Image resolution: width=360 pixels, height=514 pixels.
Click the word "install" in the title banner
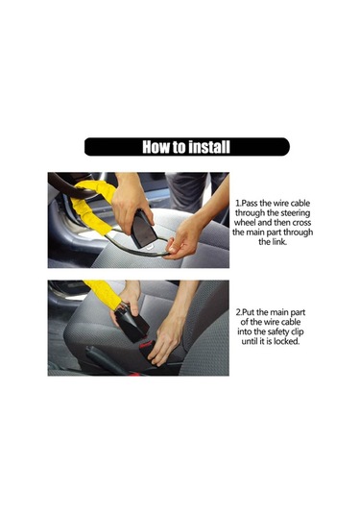209,147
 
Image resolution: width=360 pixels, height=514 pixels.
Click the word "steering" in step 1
295,213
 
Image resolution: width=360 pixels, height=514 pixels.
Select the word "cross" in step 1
301,223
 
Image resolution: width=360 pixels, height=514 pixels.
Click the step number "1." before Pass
238,204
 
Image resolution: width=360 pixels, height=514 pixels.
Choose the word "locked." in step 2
287,341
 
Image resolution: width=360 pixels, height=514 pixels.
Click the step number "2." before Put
239,312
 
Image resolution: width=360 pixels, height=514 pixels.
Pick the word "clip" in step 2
297,331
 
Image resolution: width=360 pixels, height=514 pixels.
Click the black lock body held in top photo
143,228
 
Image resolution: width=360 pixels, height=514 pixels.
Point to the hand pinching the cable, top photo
182,239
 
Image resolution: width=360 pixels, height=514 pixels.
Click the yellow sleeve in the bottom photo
103,293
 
